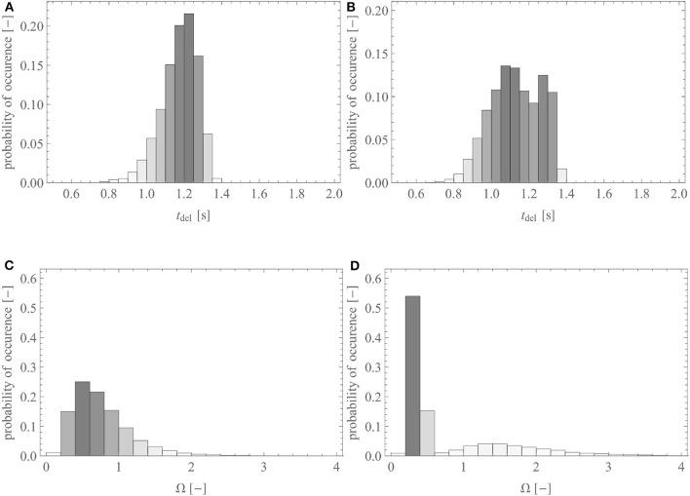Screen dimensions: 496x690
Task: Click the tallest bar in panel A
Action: (188, 97)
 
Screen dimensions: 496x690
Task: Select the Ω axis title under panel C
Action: (183, 486)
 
